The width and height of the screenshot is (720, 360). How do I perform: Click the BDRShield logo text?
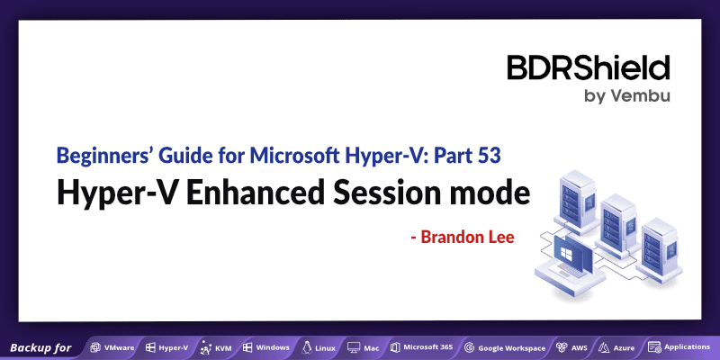[x=588, y=68]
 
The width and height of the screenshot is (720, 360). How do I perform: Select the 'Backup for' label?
[x=40, y=347]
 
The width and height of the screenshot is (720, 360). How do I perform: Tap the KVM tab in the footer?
[x=217, y=347]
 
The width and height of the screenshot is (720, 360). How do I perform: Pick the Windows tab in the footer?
[x=265, y=347]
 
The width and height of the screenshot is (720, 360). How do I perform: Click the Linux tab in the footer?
[x=319, y=347]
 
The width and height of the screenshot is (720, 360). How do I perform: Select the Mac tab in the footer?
[x=364, y=347]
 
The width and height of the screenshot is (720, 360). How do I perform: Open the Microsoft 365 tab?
[x=420, y=347]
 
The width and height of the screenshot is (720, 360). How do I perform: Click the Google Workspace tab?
[x=505, y=347]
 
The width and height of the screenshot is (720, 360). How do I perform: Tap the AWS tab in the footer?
[x=572, y=347]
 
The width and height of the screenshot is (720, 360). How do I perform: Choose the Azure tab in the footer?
[x=617, y=347]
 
